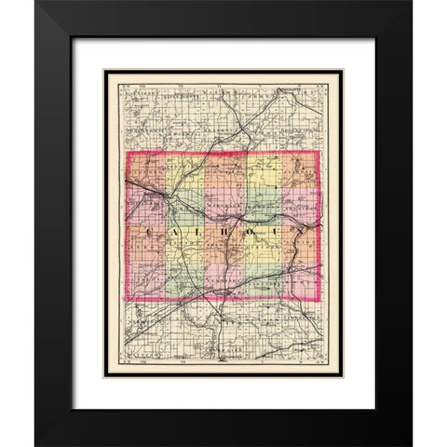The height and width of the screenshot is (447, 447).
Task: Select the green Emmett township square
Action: coord(185,210)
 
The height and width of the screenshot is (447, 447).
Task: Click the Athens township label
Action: coord(147,279)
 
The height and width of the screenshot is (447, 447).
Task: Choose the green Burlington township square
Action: coord(185,279)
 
